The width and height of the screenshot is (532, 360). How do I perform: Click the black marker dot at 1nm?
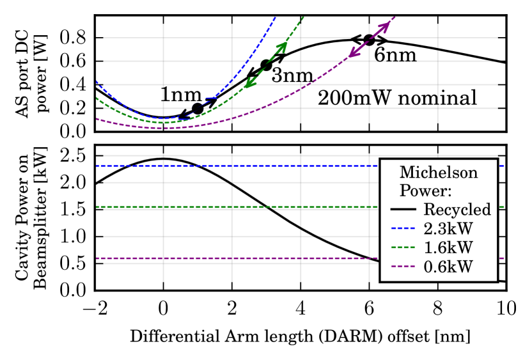click(198, 108)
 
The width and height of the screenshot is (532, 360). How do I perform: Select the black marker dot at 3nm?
click(267, 65)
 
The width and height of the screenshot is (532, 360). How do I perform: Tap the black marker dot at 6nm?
click(369, 40)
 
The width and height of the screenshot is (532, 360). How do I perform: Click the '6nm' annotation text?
click(395, 55)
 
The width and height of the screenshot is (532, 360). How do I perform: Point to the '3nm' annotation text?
click(292, 75)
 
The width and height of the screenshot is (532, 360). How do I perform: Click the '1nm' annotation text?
click(180, 95)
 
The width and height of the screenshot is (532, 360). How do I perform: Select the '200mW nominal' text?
click(397, 98)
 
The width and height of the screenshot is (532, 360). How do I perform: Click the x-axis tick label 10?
click(506, 308)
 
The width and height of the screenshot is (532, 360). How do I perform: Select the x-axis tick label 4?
click(301, 308)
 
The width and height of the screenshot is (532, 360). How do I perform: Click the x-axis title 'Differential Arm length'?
click(300, 336)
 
